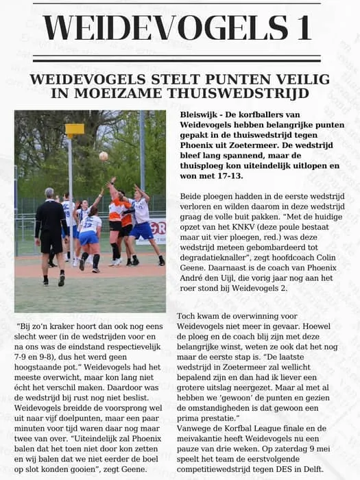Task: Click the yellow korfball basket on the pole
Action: [74, 129]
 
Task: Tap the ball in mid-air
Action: [103, 156]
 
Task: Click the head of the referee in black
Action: [49, 193]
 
